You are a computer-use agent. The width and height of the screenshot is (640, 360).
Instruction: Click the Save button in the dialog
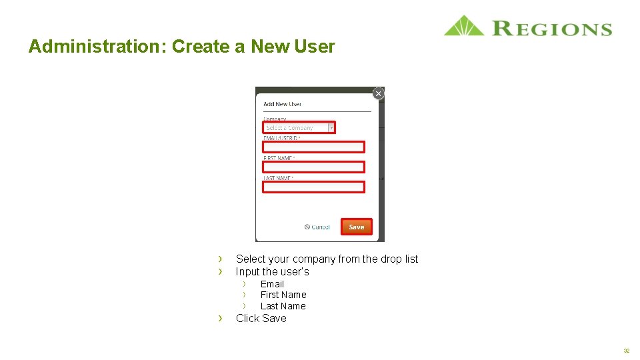[357, 227]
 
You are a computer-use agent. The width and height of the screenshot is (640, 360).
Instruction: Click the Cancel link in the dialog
[317, 227]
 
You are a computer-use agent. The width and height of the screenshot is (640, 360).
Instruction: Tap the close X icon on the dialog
[378, 94]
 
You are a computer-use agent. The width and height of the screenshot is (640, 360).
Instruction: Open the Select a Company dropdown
[299, 127]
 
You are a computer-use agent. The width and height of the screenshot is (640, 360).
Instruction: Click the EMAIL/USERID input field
[313, 147]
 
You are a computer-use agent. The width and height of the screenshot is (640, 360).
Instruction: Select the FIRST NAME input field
[313, 167]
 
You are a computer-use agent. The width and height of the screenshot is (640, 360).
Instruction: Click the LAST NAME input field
[313, 187]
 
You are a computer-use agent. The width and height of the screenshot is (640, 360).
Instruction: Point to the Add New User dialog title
[282, 104]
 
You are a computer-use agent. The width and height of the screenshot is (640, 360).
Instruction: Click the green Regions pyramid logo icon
[464, 27]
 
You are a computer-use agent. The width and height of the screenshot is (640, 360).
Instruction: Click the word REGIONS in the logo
[552, 29]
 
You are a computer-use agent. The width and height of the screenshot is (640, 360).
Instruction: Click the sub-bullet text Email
[272, 284]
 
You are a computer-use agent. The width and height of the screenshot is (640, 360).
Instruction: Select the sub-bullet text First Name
[283, 295]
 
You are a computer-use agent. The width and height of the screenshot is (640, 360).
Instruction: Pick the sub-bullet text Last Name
[283, 306]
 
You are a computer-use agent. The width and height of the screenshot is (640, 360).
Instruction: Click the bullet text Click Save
[261, 319]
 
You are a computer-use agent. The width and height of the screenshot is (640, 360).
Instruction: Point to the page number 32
[626, 351]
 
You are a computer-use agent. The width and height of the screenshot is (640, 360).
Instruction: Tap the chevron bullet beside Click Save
[220, 319]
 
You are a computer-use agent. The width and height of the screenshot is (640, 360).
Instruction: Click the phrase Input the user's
[272, 271]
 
